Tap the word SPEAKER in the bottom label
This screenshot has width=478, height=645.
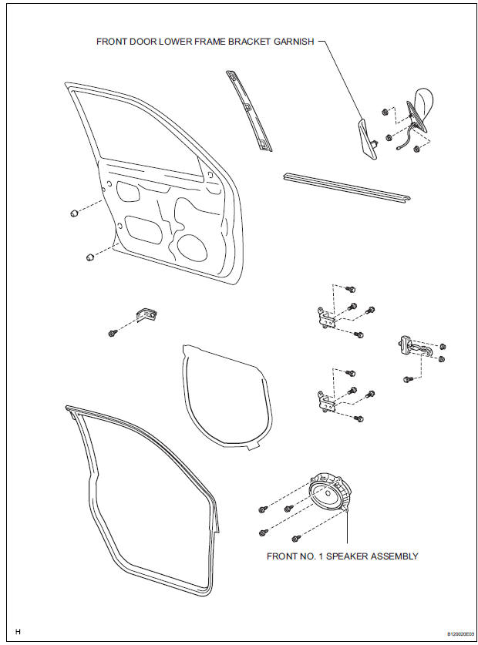click(x=339, y=556)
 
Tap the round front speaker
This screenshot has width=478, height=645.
click(x=329, y=495)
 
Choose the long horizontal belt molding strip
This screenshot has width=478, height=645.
click(x=344, y=188)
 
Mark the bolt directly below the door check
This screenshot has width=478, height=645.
click(x=406, y=379)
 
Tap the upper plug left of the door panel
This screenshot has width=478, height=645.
click(x=72, y=212)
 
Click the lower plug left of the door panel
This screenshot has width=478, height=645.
click(x=89, y=255)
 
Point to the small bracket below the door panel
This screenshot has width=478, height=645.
click(x=145, y=314)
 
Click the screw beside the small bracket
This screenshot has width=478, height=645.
click(x=113, y=333)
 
